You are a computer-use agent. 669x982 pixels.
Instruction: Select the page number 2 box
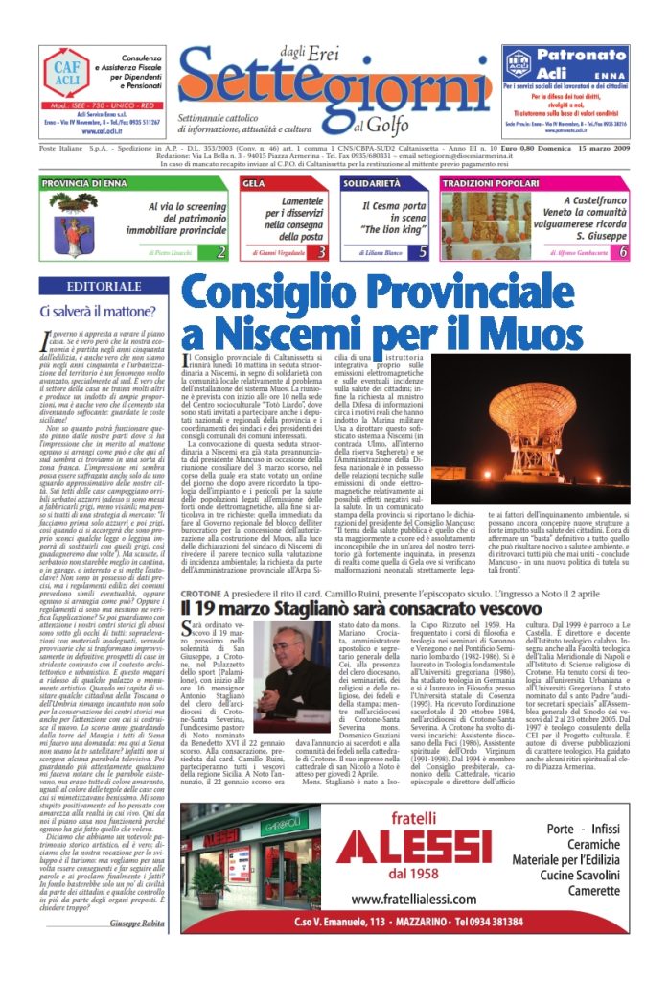[220, 252]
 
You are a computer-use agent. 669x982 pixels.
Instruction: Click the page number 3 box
[321, 252]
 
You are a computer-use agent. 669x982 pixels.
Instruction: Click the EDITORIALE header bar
[104, 286]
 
